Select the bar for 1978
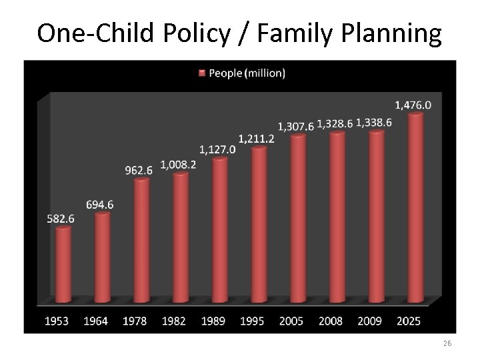(x=141, y=240)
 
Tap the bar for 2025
(x=415, y=207)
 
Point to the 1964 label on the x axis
(x=96, y=321)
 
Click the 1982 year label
(x=174, y=321)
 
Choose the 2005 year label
(x=291, y=321)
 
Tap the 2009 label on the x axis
(x=369, y=321)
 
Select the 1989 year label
(x=213, y=321)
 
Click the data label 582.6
(x=61, y=218)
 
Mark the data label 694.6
(x=99, y=205)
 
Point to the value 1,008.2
(x=179, y=165)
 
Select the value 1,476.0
(x=413, y=105)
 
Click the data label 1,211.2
(x=257, y=139)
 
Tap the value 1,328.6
(x=335, y=123)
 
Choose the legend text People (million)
(x=247, y=73)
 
